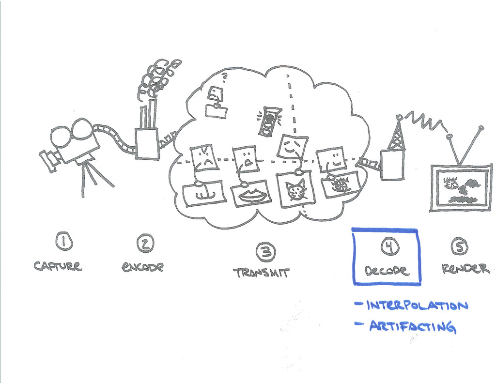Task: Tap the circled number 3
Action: [x=265, y=251]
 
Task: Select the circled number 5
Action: [x=459, y=247]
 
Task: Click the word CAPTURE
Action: [x=58, y=265]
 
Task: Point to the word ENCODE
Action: [x=142, y=266]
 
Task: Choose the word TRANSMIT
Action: [x=262, y=273]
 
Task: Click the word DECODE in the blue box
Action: [x=387, y=271]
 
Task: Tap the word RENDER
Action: [x=465, y=269]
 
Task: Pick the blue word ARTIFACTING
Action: [x=412, y=326]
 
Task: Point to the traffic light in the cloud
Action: [x=269, y=121]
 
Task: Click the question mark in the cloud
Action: [x=224, y=76]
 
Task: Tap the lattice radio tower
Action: [x=396, y=136]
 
